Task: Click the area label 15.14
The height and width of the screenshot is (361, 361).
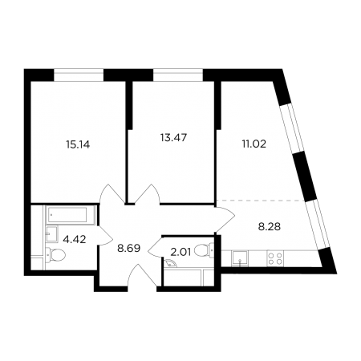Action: (78, 144)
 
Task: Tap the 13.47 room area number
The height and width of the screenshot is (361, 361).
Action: (173, 137)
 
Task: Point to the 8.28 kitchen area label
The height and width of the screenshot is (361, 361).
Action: (270, 227)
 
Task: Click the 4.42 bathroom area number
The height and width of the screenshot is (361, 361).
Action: (75, 239)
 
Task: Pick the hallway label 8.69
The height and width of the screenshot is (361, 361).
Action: (128, 249)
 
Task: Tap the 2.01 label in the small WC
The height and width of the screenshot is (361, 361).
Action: (180, 252)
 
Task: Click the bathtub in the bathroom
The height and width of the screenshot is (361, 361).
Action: (67, 215)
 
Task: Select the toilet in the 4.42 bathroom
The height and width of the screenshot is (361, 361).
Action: (55, 255)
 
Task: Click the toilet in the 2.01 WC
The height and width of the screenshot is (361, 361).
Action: (205, 250)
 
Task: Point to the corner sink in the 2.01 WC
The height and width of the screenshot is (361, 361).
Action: (169, 264)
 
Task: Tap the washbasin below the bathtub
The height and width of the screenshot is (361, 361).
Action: (52, 234)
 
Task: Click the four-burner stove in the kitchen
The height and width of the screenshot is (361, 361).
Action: (275, 258)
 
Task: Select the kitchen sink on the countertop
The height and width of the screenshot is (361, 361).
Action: (240, 258)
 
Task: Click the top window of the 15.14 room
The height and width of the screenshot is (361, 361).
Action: (79, 75)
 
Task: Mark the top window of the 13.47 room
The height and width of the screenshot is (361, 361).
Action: (178, 75)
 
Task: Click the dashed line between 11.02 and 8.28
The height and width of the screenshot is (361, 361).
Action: (261, 200)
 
